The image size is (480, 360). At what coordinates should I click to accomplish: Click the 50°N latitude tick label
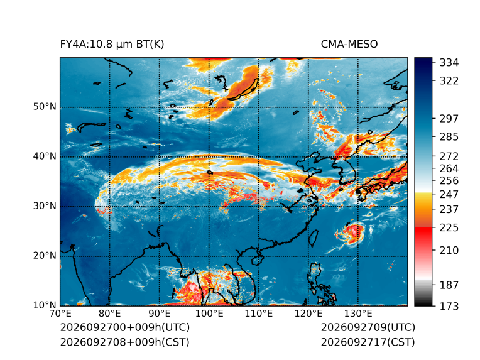45,107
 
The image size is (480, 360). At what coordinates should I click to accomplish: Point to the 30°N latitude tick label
45,206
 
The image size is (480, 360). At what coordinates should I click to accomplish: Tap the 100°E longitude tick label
209,314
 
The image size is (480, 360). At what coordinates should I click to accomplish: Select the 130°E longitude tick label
358,314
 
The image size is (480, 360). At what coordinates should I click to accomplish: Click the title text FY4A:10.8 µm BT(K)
112,45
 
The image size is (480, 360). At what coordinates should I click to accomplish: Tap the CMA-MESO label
349,45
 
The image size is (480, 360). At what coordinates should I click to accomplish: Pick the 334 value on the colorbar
449,63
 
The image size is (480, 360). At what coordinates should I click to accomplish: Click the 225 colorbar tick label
449,228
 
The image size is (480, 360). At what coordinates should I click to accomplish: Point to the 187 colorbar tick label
449,285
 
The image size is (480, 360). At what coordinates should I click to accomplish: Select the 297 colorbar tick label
449,119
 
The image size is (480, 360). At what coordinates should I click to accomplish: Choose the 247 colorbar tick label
449,194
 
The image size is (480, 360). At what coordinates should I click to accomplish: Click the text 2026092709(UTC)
368,327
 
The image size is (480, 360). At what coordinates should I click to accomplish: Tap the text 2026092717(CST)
368,342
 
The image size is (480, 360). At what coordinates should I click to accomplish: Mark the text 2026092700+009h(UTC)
125,327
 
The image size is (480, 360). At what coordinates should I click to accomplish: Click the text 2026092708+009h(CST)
124,342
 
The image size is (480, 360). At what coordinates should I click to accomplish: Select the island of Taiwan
313,239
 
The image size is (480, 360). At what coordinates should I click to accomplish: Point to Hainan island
258,260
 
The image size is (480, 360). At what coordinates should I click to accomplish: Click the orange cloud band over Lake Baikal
242,89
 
